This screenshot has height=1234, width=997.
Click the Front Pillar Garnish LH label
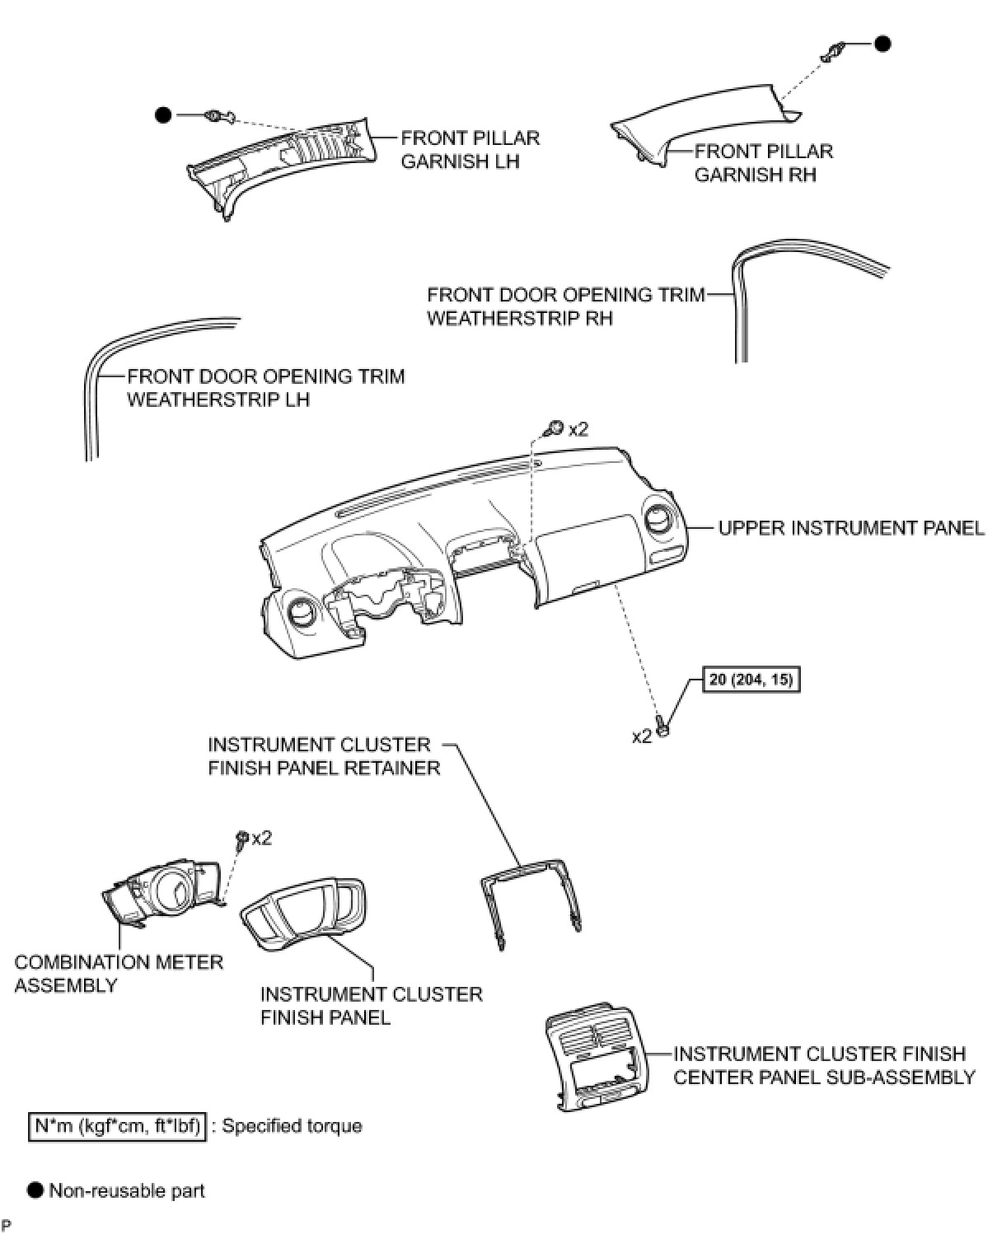[x=470, y=149]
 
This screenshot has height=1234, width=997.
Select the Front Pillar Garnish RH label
[x=763, y=162]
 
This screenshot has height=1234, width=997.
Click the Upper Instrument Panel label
[x=851, y=528]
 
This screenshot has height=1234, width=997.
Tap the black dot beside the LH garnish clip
[x=163, y=115]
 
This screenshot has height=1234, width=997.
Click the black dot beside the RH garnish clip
[x=882, y=44]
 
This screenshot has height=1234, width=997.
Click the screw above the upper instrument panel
[x=556, y=428]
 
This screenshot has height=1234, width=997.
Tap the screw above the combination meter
[x=242, y=839]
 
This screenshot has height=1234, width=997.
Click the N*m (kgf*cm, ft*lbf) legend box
[x=116, y=1125]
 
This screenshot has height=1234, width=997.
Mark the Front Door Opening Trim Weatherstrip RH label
[x=565, y=306]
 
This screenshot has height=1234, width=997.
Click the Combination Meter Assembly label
[x=119, y=973]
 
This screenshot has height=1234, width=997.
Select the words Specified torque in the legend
[x=292, y=1125]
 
